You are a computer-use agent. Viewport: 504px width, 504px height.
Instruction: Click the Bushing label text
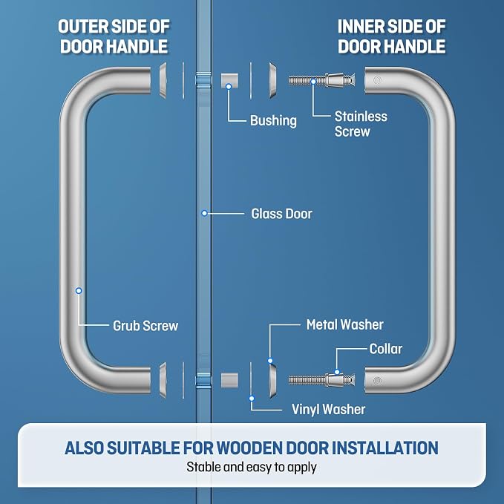click(273, 121)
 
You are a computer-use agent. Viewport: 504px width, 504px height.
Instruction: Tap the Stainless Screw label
click(361, 124)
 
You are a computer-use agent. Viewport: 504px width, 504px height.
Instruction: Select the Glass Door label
click(281, 214)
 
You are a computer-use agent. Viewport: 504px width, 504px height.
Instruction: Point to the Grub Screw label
click(145, 326)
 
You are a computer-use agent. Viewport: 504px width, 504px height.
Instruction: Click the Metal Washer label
click(345, 324)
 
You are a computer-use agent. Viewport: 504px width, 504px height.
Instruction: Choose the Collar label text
click(386, 349)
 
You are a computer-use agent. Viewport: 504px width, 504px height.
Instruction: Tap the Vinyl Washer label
click(328, 410)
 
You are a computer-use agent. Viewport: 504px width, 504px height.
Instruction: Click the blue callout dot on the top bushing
click(229, 86)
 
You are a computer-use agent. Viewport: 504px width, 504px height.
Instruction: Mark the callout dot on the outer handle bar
click(79, 290)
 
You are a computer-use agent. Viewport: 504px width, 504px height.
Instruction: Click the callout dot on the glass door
click(204, 213)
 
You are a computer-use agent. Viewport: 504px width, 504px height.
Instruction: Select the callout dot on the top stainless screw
click(313, 82)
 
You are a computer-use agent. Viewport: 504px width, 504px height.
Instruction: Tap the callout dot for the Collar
click(337, 372)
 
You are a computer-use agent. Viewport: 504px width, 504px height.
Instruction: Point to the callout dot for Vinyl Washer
click(252, 399)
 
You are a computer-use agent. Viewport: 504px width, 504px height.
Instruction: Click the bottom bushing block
click(229, 380)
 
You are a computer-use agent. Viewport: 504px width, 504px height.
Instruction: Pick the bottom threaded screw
click(321, 380)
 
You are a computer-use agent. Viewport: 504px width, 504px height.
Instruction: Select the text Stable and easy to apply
click(252, 467)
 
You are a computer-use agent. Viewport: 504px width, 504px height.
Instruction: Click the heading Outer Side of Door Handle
click(114, 36)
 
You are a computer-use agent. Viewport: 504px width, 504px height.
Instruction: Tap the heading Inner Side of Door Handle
click(391, 36)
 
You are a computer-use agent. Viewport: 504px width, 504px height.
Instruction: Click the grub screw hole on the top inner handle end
click(377, 79)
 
